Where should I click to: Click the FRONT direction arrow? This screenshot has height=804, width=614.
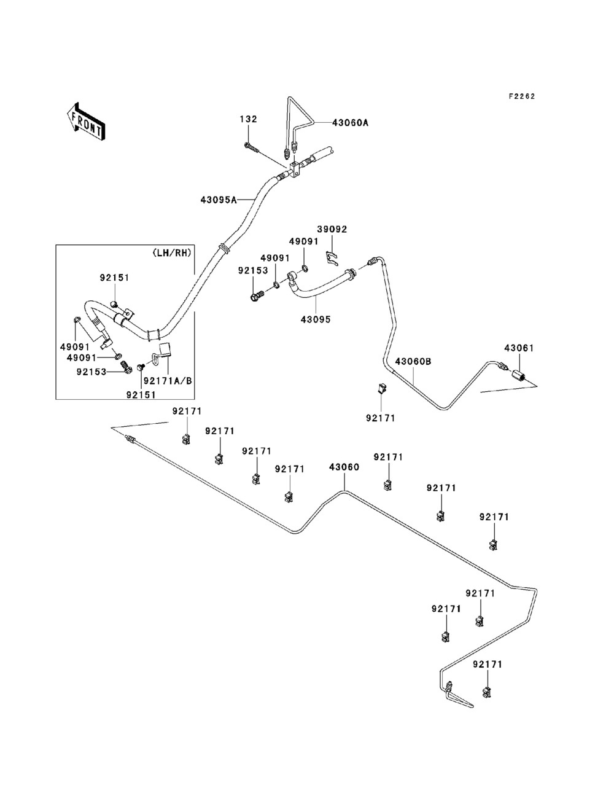coord(86,122)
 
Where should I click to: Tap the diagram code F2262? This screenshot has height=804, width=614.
coord(522,96)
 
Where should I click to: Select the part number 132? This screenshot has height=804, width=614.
coord(249,119)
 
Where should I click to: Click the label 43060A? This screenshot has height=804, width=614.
coord(351,123)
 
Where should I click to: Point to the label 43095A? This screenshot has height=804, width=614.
coord(219,200)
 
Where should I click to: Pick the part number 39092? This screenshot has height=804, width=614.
coord(332,229)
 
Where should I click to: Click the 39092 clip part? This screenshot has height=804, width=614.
coord(332,259)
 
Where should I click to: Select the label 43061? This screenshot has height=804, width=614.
coord(519,348)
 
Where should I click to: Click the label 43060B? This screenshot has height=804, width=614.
coord(413,362)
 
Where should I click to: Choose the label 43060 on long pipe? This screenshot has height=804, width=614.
coord(344,467)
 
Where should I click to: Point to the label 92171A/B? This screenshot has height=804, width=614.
coord(168,381)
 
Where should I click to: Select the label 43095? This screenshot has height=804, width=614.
coord(316,319)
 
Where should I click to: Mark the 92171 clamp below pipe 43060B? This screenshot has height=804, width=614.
coord(383,387)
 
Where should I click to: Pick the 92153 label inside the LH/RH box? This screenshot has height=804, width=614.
coord(91,372)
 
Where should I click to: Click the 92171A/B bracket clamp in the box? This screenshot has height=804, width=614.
coord(163,354)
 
